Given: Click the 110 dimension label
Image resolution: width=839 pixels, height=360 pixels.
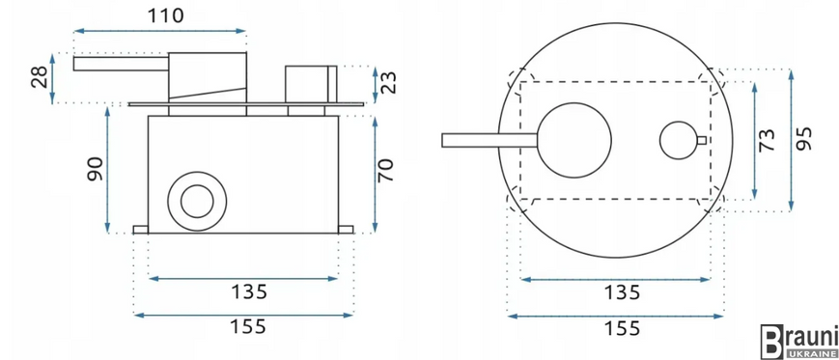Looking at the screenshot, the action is click(x=166, y=15).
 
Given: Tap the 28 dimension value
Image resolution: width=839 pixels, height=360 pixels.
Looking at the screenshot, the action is click(x=40, y=78).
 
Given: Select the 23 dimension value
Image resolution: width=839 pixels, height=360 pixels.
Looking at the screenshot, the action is click(x=389, y=83).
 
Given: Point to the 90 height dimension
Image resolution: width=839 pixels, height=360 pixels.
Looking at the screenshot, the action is click(x=96, y=169).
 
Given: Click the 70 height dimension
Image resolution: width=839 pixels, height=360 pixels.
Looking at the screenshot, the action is click(x=385, y=171).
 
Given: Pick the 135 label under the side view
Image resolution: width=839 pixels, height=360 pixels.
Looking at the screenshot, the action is click(x=248, y=292).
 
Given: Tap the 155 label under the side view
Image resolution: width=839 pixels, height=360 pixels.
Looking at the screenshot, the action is click(x=248, y=326).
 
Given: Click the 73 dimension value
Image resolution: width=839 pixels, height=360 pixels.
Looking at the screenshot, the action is click(x=767, y=140).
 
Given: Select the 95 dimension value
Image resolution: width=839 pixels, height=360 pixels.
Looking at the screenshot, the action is click(x=803, y=139).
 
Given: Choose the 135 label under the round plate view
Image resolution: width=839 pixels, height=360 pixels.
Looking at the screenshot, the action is click(x=622, y=292).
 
